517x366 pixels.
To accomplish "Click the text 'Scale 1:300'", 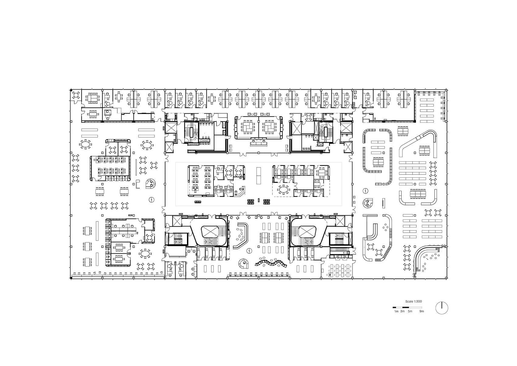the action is (x=414, y=301).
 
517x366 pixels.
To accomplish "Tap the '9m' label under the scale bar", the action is (x=422, y=311).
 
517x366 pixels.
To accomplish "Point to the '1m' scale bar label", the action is (x=396, y=311).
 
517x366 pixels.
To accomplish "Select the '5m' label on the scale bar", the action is (x=410, y=311).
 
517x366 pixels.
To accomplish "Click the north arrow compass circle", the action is (x=442, y=308).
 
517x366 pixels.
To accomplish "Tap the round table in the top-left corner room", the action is (x=76, y=95).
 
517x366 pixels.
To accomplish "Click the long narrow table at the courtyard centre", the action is (x=258, y=176).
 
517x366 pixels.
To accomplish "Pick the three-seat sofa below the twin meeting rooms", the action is (x=258, y=144).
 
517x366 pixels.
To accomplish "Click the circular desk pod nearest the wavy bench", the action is (x=244, y=264).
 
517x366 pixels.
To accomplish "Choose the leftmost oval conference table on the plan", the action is (x=85, y=145).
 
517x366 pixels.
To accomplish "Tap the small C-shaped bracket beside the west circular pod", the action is (x=138, y=184).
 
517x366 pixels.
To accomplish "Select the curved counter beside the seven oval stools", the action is (x=243, y=235).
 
